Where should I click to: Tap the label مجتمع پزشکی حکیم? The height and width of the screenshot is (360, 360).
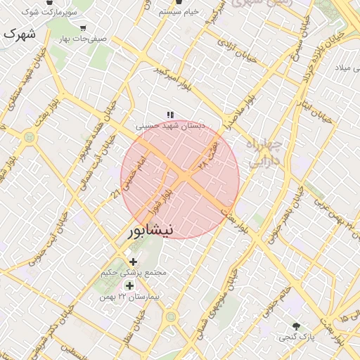pyautogui.click(x=134, y=272)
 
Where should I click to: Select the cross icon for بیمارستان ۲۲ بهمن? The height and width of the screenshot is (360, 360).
pyautogui.click(x=129, y=285)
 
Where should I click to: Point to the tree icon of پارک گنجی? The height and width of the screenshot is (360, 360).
pyautogui.click(x=296, y=326)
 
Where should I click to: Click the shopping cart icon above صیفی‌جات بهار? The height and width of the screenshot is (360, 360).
pyautogui.click(x=83, y=28)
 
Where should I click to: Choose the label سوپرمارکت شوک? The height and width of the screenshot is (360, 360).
pyautogui.click(x=49, y=13)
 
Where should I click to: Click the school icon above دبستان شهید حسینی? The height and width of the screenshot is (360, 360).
pyautogui.click(x=169, y=114)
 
